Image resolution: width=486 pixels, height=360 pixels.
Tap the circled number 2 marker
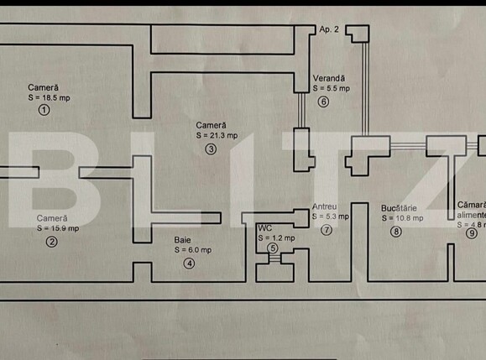pyautogui.click(x=51, y=243)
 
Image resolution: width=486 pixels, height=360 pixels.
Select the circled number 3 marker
pyautogui.click(x=210, y=149)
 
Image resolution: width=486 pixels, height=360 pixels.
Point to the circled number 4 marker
pyautogui.click(x=189, y=263)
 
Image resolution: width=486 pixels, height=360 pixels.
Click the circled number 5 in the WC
pyautogui.click(x=273, y=248)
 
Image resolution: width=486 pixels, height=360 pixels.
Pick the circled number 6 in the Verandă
pyautogui.click(x=323, y=102)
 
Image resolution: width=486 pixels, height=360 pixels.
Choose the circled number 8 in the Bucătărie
pyautogui.click(x=395, y=232)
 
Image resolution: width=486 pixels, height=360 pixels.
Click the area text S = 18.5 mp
pyautogui.click(x=48, y=98)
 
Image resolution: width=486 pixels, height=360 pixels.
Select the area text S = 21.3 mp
pyautogui.click(x=217, y=134)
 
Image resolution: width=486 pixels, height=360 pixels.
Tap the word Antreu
pyautogui.click(x=324, y=206)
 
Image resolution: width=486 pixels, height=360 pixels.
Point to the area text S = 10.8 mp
pyautogui.click(x=401, y=217)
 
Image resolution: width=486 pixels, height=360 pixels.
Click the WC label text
pyautogui.click(x=264, y=227)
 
